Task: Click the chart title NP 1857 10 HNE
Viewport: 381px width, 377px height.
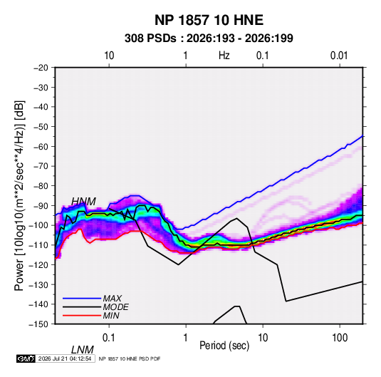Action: click(x=209, y=20)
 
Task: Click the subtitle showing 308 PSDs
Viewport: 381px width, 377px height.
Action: click(x=209, y=38)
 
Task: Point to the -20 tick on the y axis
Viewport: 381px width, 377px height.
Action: click(x=41, y=68)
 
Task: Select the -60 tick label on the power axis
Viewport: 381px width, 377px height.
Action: click(x=41, y=146)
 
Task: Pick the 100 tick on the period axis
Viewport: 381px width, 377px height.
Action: click(x=340, y=338)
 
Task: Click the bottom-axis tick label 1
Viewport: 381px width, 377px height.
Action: click(x=186, y=338)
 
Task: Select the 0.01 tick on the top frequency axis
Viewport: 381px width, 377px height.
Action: click(x=339, y=56)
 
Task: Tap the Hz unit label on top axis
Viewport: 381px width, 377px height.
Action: click(x=224, y=56)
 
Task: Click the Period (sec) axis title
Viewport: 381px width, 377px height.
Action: click(x=224, y=346)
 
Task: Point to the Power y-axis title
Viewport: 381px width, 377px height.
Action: click(x=19, y=196)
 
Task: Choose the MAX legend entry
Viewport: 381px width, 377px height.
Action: click(x=113, y=298)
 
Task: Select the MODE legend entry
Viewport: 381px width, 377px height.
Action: click(x=115, y=307)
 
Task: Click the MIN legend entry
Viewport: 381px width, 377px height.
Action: click(x=111, y=316)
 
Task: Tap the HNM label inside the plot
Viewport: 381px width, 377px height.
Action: click(x=83, y=202)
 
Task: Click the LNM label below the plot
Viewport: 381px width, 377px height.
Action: click(x=83, y=350)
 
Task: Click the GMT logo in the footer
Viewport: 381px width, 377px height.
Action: click(x=26, y=358)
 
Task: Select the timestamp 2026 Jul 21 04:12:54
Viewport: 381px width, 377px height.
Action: click(x=65, y=358)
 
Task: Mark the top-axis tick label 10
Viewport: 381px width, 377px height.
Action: click(x=109, y=56)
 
